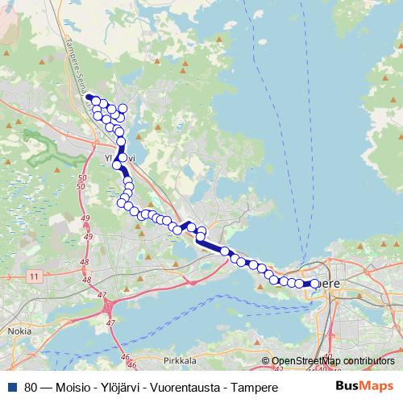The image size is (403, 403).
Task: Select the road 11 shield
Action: click(x=33, y=276)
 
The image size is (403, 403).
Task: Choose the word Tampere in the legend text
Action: click(x=254, y=388)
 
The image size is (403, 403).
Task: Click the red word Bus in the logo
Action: click(x=347, y=387)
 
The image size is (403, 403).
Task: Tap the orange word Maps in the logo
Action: click(x=376, y=387)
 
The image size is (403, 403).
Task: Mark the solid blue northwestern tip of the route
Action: click(x=90, y=98)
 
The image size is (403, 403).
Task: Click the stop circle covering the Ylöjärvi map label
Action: click(x=122, y=158)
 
